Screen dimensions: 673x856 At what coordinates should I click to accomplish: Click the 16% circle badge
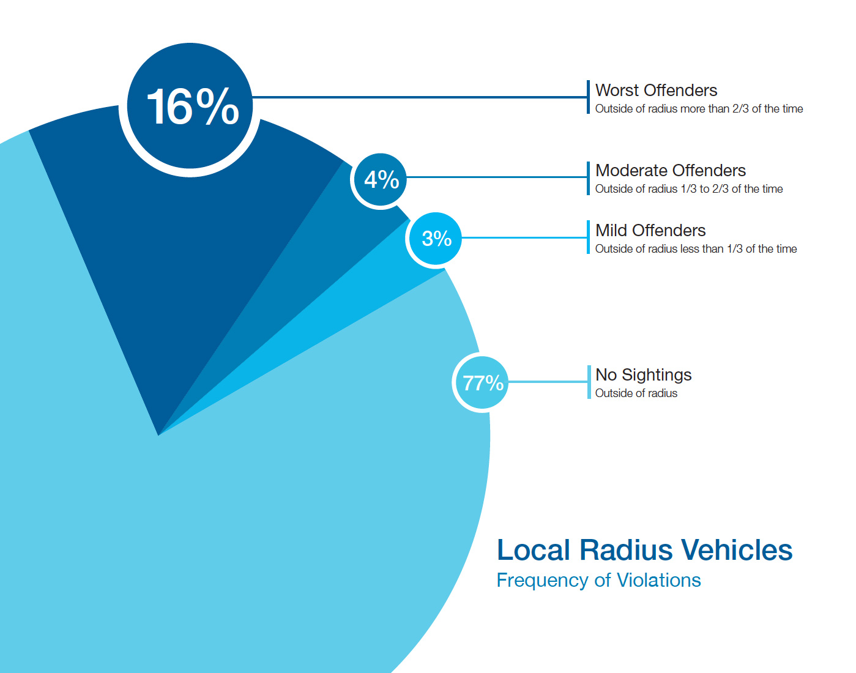[x=190, y=106]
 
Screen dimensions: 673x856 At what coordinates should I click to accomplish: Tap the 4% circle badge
[x=381, y=179]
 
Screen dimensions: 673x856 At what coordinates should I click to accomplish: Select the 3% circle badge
[x=435, y=239]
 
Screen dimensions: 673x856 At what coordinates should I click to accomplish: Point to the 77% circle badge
[x=482, y=383]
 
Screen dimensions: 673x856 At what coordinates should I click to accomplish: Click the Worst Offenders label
[x=656, y=91]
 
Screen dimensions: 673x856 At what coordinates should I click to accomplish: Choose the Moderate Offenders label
[x=670, y=171]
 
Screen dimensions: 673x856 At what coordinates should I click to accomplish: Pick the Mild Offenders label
[x=650, y=231]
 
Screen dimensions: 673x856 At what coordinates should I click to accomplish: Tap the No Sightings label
[x=643, y=375]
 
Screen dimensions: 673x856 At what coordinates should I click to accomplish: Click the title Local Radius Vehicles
[x=644, y=549]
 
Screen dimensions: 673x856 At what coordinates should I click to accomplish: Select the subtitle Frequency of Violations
[x=598, y=580]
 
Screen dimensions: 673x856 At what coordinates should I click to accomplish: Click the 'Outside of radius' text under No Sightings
[x=636, y=393]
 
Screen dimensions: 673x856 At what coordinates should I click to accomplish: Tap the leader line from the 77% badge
[x=548, y=382]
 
